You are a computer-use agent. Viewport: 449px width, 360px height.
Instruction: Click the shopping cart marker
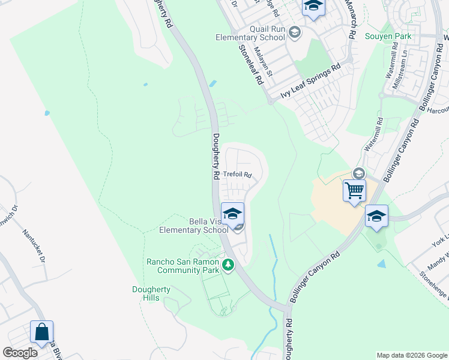tap(354, 191)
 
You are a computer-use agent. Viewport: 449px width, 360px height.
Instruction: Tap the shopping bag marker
tap(41, 332)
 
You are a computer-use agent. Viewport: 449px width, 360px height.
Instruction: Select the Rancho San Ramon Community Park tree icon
tap(228, 265)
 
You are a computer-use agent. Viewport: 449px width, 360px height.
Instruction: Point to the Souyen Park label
tap(388, 37)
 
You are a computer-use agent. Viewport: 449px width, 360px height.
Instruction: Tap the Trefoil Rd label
tap(237, 175)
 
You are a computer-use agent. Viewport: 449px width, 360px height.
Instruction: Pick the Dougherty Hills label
tap(151, 293)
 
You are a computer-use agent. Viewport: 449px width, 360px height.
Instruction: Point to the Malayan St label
tap(263, 62)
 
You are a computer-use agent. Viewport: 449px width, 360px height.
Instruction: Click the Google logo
tap(20, 353)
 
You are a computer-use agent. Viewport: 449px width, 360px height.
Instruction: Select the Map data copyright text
tap(411, 355)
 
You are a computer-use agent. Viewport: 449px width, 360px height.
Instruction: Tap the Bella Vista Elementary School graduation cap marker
tap(232, 212)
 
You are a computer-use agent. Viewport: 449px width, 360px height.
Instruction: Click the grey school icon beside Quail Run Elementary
tap(294, 32)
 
